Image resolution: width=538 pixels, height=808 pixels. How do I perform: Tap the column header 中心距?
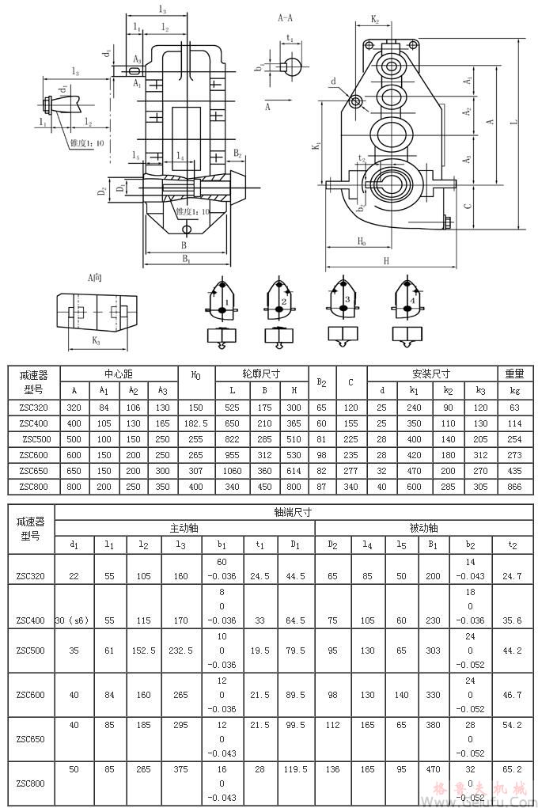[119, 374]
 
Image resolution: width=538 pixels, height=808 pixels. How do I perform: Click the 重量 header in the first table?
[514, 374]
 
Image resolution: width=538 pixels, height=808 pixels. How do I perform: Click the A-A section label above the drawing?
[286, 16]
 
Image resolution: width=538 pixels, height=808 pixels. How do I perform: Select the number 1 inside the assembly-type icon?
[226, 302]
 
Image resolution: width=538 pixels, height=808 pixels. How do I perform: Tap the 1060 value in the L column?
[232, 470]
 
